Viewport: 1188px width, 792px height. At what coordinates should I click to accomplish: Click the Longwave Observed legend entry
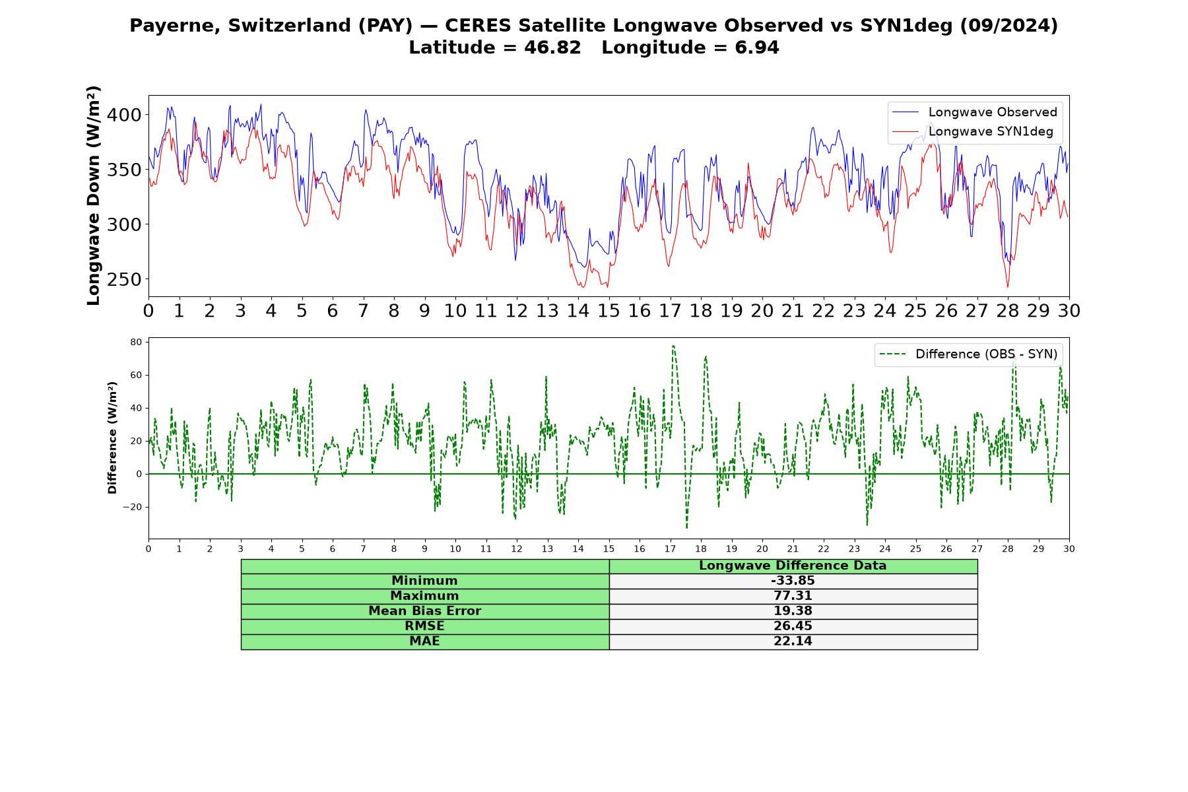pyautogui.click(x=974, y=112)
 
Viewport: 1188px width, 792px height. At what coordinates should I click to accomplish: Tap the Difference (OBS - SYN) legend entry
pyautogui.click(x=968, y=354)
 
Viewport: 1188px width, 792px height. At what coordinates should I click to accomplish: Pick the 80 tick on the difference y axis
pyautogui.click(x=136, y=342)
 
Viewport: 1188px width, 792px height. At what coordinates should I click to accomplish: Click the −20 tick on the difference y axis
pyautogui.click(x=133, y=507)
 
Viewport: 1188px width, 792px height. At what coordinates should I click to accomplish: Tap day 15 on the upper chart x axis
pyautogui.click(x=609, y=310)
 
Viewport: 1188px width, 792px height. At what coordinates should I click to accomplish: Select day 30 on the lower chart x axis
pyautogui.click(x=1069, y=548)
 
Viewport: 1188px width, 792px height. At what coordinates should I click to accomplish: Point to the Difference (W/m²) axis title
pyautogui.click(x=112, y=438)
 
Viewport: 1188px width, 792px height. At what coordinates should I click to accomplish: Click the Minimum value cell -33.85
pyautogui.click(x=793, y=581)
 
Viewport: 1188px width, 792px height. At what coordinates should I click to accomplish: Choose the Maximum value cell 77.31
pyautogui.click(x=793, y=596)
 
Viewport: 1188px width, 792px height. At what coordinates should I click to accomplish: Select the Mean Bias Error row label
pyautogui.click(x=424, y=611)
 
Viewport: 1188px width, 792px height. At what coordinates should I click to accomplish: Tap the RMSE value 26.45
pyautogui.click(x=793, y=626)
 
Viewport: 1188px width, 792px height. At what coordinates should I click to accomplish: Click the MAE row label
pyautogui.click(x=424, y=642)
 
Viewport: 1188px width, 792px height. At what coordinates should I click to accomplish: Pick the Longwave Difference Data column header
pyautogui.click(x=793, y=566)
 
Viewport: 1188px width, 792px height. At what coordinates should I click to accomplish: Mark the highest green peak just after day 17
pyautogui.click(x=673, y=346)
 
